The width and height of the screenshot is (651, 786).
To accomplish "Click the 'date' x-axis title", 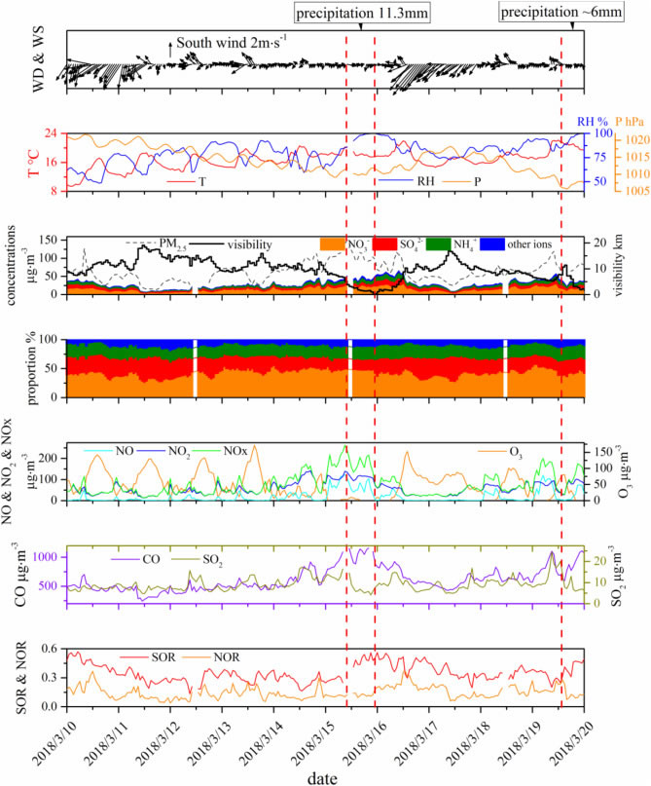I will [324, 775].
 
